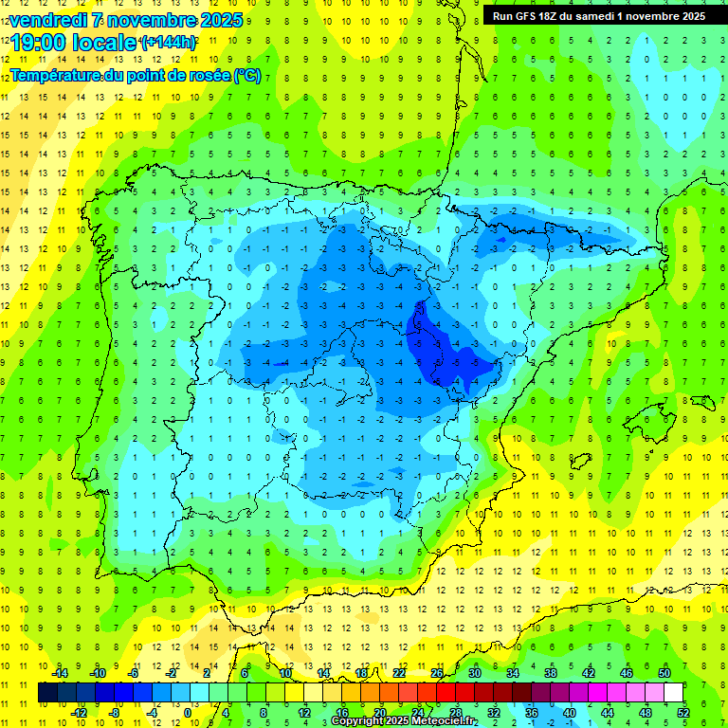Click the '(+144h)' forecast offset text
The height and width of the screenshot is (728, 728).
tap(168, 43)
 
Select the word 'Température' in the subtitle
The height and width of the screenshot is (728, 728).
tap(56, 76)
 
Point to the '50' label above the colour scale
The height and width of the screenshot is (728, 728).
tap(664, 674)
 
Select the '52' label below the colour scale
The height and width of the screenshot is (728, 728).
tap(682, 713)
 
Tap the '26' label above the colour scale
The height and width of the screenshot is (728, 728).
tap(437, 674)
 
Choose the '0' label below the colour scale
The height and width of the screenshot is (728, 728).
tap(190, 713)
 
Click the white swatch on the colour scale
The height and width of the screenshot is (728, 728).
tap(673, 693)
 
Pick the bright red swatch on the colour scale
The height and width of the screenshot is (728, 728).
tap(446, 693)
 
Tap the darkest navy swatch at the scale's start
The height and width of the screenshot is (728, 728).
tap(47, 693)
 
